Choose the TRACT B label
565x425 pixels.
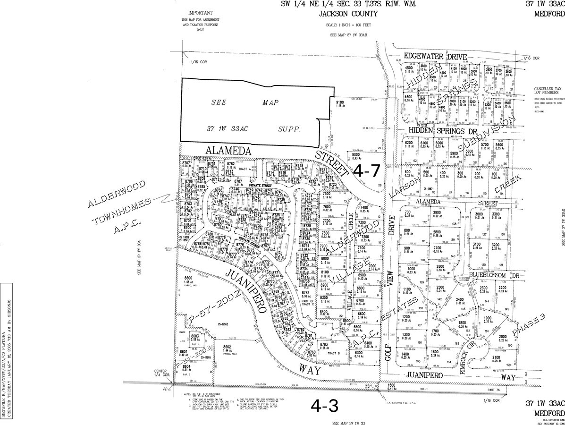(x=334, y=353)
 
